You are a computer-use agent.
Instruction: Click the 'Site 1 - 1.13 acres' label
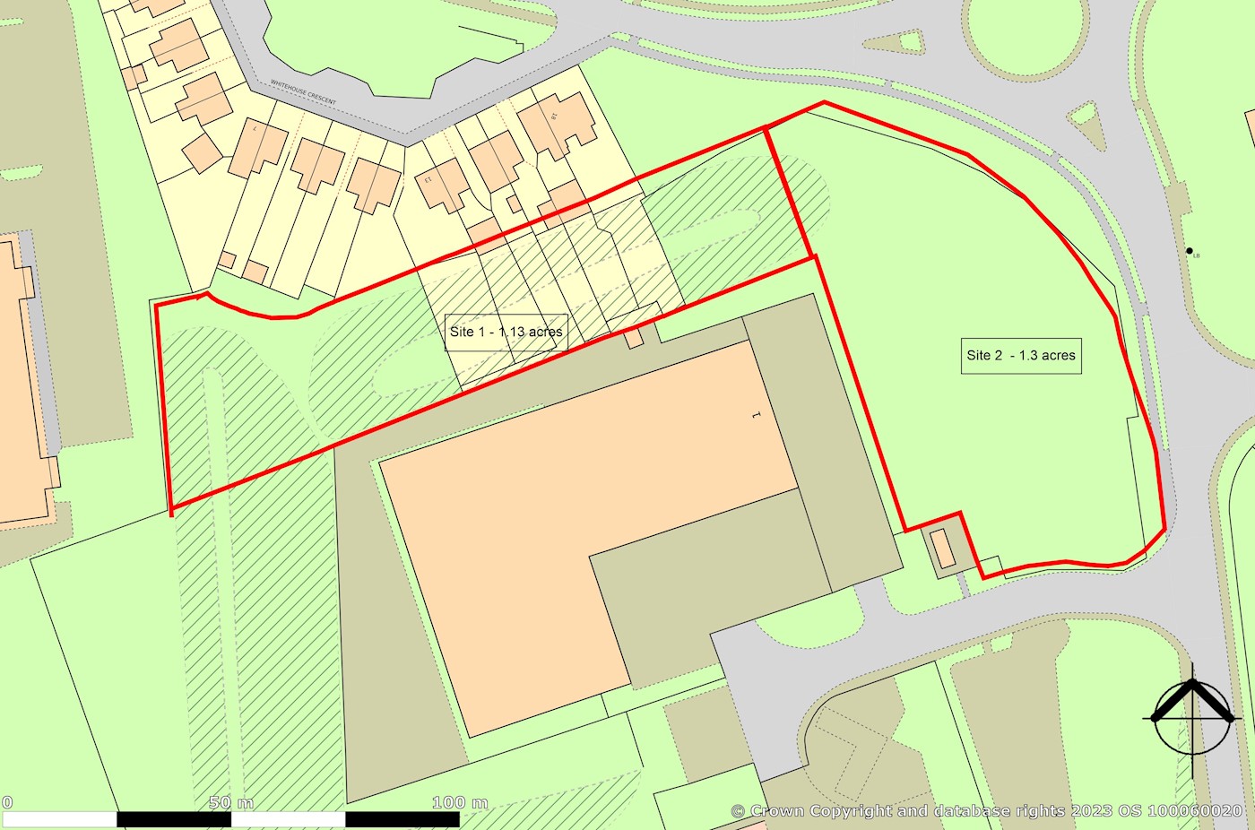tap(506, 332)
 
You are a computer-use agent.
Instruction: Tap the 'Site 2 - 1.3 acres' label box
tap(1021, 355)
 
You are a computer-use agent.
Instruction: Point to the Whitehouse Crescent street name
tap(304, 93)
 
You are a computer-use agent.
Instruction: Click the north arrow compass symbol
tap(1191, 718)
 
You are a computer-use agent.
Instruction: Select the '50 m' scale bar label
tap(231, 802)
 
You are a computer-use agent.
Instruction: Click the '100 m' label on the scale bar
tap(460, 802)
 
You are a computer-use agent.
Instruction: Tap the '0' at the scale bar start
tap(7, 802)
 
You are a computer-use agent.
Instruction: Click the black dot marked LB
tap(1190, 251)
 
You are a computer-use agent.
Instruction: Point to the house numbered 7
tap(258, 146)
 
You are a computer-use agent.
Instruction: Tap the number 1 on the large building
tap(756, 416)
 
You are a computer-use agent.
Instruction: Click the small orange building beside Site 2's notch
tap(942, 547)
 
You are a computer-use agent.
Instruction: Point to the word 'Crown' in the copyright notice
tap(776, 811)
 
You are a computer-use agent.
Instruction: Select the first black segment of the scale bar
tap(174, 819)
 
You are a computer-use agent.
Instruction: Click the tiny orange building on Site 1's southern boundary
tap(634, 338)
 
